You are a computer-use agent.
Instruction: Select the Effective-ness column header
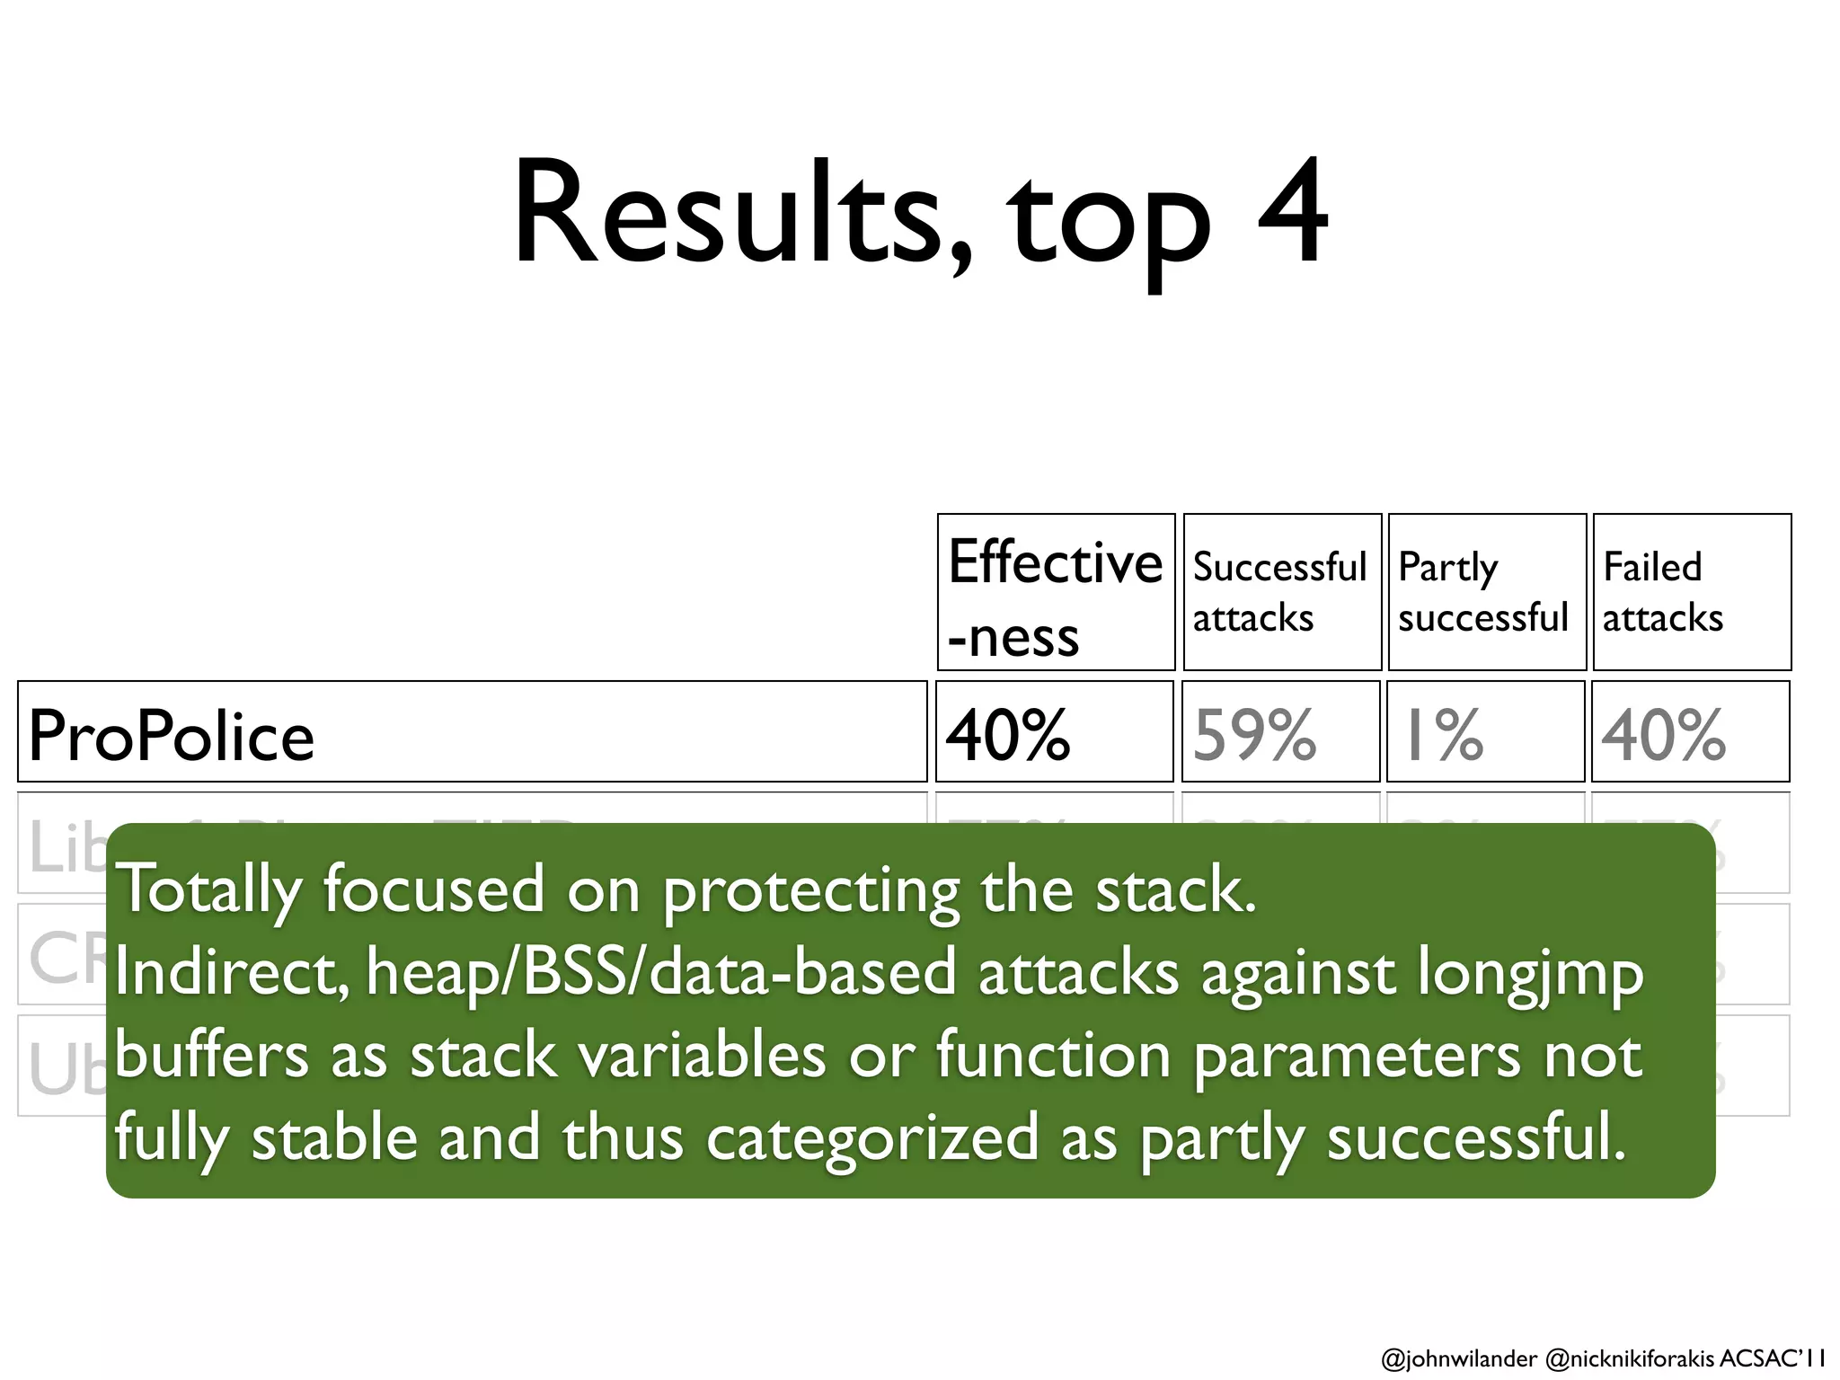coord(1056,593)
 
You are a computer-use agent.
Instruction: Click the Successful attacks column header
coord(1280,592)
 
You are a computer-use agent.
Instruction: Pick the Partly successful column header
coord(1485,592)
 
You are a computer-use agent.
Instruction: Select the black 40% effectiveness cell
coord(1008,734)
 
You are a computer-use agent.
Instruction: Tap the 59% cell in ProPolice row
coord(1255,734)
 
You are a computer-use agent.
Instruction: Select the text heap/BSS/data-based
coord(660,973)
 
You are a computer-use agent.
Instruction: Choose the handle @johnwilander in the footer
coord(1458,1358)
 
